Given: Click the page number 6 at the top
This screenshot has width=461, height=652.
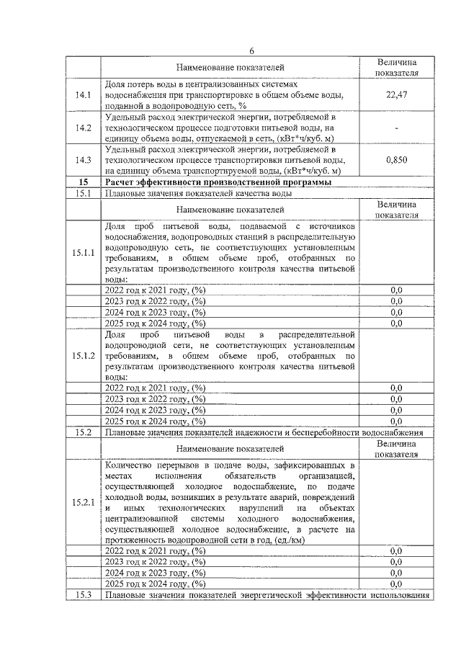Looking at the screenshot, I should tap(252, 50).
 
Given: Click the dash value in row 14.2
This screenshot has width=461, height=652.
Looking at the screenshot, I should tap(396, 128).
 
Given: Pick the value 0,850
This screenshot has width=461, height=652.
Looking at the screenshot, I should tap(396, 160).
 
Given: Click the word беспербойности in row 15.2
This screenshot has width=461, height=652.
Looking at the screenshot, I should tap(325, 432).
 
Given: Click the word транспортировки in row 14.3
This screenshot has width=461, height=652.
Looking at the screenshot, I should tap(225, 160).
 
